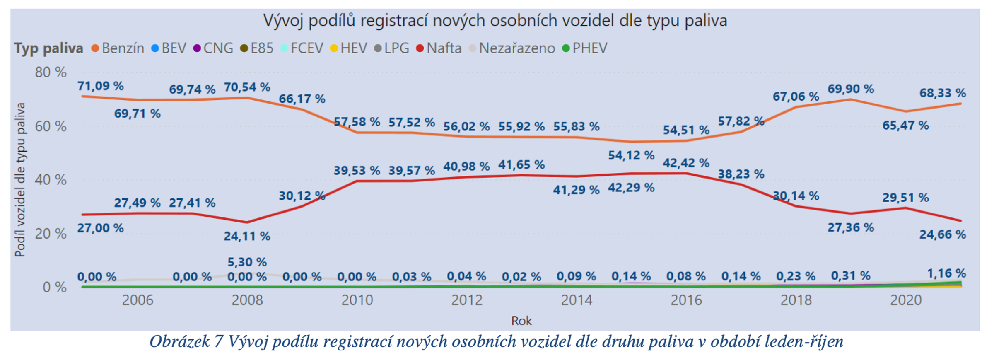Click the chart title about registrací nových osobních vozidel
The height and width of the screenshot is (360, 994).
coord(495,21)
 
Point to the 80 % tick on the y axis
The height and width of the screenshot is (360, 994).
coord(51,72)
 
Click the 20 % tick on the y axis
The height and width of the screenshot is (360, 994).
coord(51,234)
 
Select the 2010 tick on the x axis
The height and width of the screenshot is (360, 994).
coord(357,300)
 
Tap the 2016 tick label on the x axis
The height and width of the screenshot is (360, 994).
coord(686,300)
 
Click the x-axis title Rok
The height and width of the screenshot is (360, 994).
coord(521,321)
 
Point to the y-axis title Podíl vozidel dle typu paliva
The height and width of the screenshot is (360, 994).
coord(20,180)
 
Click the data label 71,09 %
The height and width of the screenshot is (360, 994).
coord(100,86)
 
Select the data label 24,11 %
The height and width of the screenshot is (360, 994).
coord(247,237)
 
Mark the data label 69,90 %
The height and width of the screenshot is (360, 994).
coord(850,89)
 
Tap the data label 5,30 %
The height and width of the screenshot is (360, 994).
coord(247,262)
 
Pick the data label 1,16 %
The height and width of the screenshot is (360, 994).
coord(946,273)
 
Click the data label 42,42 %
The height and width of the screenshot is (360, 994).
coord(686,163)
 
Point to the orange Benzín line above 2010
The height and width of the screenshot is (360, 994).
coord(357,133)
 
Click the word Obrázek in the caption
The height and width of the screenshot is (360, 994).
coord(179,342)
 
